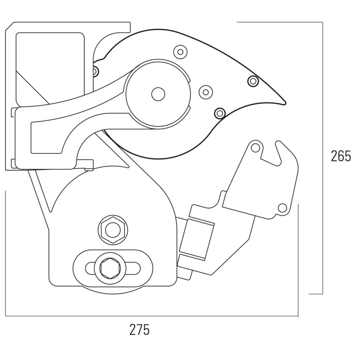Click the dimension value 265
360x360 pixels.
click(x=341, y=156)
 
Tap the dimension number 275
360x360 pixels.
click(x=140, y=330)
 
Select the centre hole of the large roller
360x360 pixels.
click(x=158, y=94)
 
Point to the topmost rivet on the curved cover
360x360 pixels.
click(x=180, y=52)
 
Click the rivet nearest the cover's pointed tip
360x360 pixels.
click(x=253, y=81)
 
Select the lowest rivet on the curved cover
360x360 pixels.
click(x=220, y=113)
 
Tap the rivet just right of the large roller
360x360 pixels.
click(x=206, y=92)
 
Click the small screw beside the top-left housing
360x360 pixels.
click(x=95, y=71)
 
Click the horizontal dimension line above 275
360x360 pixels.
click(x=151, y=316)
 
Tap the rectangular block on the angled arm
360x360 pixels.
click(x=197, y=239)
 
